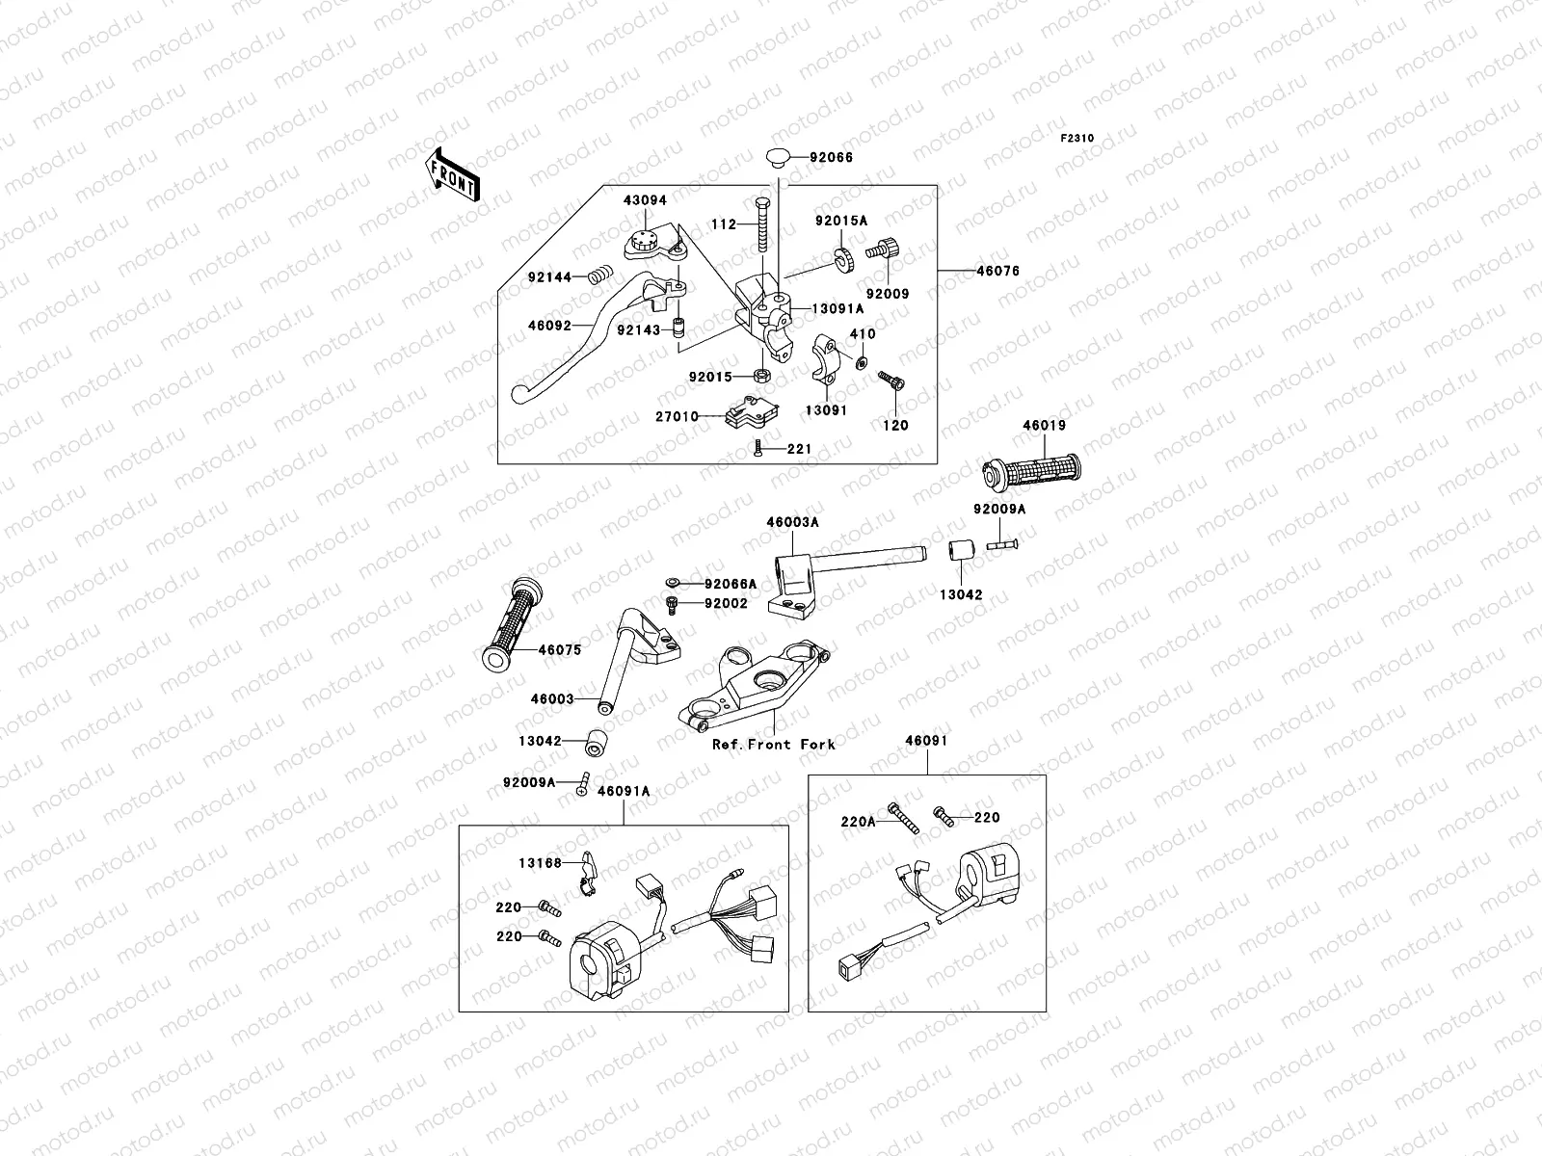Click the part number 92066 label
click(x=831, y=157)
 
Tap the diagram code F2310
click(x=1077, y=139)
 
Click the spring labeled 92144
click(x=599, y=276)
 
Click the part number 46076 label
click(x=997, y=272)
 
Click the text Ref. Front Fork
click(x=773, y=744)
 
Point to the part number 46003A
click(x=792, y=522)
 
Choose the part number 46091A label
click(x=624, y=791)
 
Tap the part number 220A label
click(x=858, y=822)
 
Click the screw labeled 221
click(x=758, y=449)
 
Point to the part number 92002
click(x=726, y=603)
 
